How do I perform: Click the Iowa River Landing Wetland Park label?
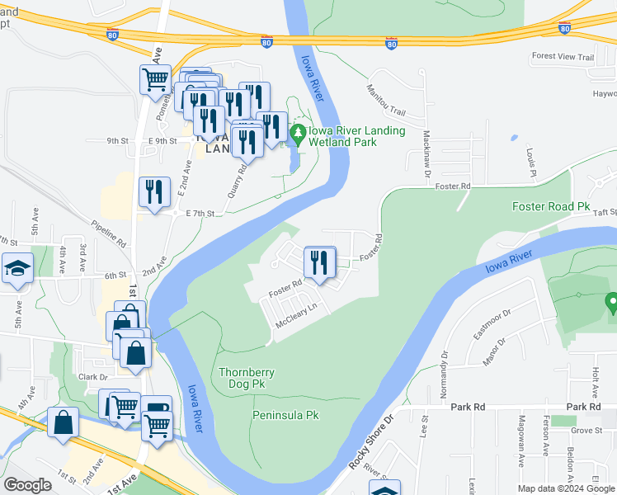coord(357,136)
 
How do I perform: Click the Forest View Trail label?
coord(563,57)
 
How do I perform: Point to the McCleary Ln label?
coord(296,318)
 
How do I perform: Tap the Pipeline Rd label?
coord(108,233)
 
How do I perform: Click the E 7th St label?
coord(200,214)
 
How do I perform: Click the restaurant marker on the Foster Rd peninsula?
coord(318,263)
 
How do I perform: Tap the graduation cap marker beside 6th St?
coord(16,270)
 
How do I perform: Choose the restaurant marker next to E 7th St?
coord(154,193)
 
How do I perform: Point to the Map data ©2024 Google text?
coord(565,489)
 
